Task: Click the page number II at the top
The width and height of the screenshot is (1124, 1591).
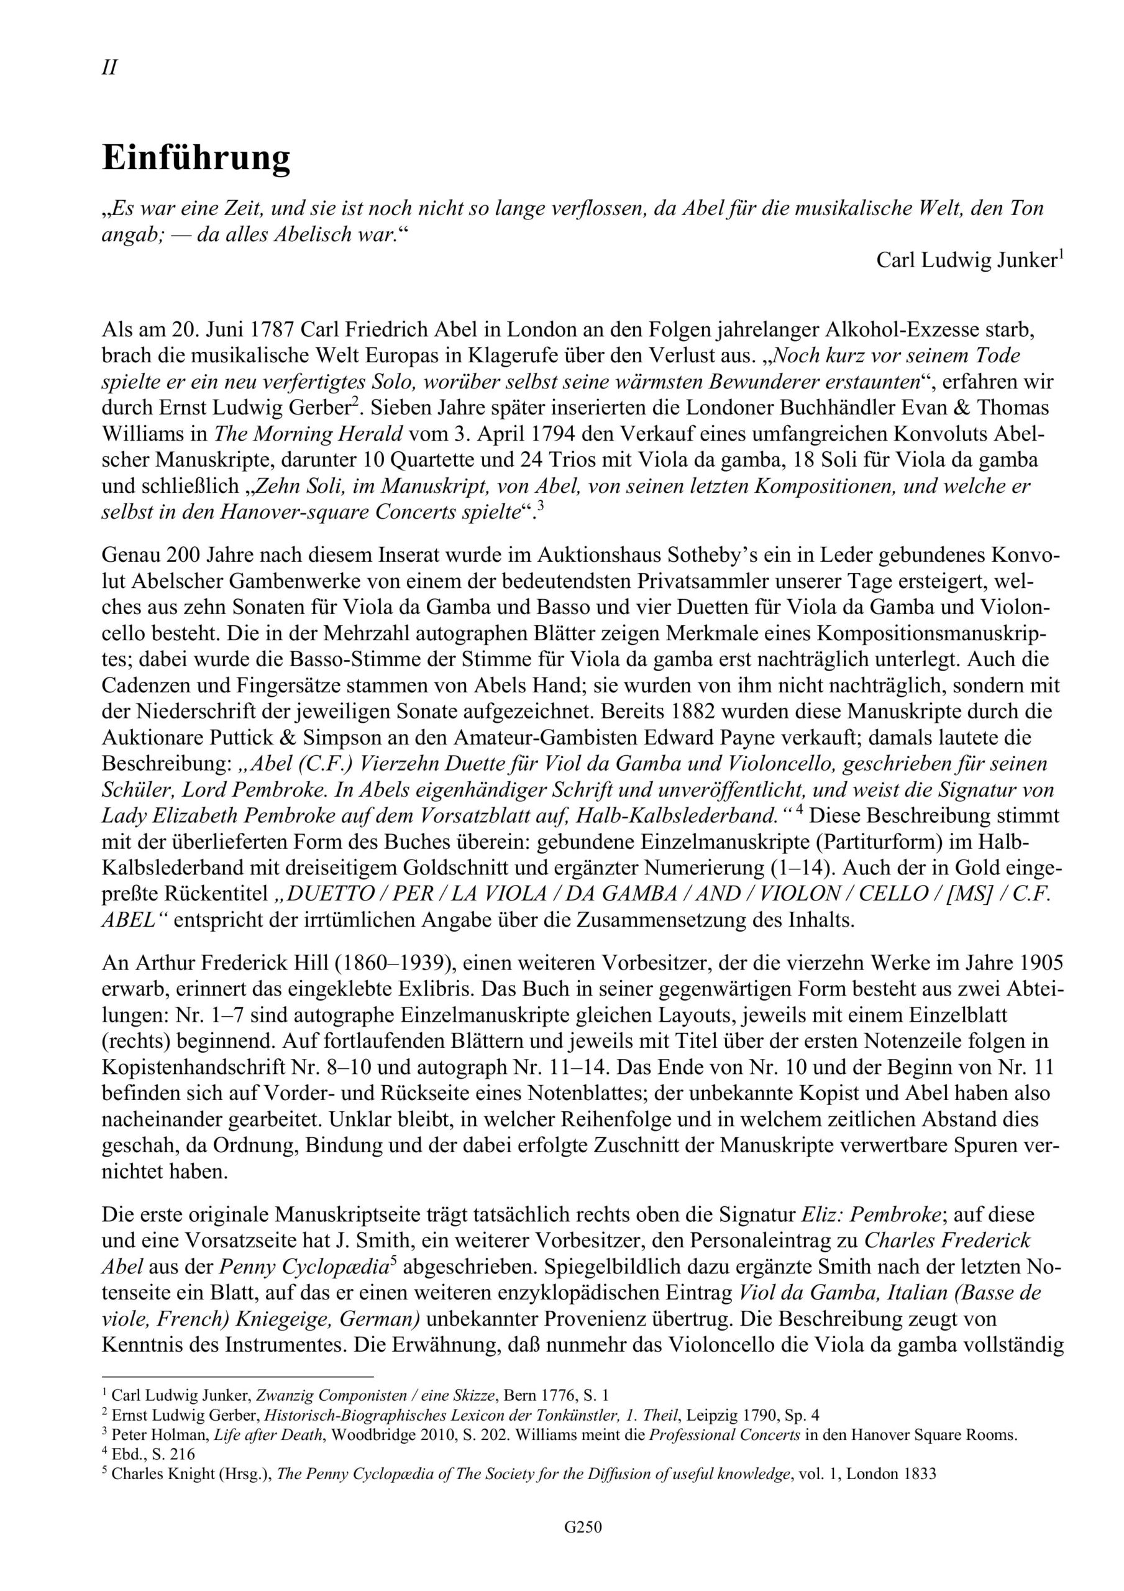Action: (109, 68)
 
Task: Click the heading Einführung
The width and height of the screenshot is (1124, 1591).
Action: (196, 158)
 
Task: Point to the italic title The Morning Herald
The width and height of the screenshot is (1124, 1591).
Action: (308, 434)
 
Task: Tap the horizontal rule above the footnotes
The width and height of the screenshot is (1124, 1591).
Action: (237, 1376)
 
